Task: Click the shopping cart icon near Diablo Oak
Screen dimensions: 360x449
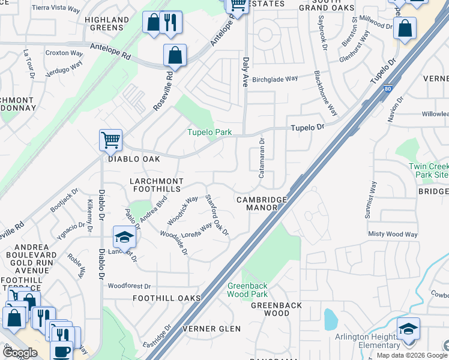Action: pyautogui.click(x=111, y=140)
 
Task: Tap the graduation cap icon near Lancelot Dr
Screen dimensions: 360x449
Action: pyautogui.click(x=124, y=237)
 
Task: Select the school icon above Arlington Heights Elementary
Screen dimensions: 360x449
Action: pyautogui.click(x=408, y=329)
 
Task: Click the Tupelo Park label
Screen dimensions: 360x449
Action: pyautogui.click(x=208, y=132)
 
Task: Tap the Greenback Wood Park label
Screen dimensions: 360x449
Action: pyautogui.click(x=247, y=290)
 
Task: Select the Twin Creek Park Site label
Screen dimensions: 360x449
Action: pyautogui.click(x=428, y=170)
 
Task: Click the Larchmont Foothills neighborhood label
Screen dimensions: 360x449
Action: pyautogui.click(x=155, y=185)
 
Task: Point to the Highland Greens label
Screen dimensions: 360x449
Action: pyautogui.click(x=107, y=23)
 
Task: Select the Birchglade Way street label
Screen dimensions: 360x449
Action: pyautogui.click(x=275, y=79)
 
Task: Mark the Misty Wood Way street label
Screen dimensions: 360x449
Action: pyautogui.click(x=393, y=234)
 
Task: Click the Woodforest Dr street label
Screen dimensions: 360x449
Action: pyautogui.click(x=129, y=286)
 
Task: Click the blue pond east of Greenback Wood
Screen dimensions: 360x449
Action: pyautogui.click(x=330, y=319)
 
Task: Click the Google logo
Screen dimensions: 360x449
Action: pyautogui.click(x=20, y=353)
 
